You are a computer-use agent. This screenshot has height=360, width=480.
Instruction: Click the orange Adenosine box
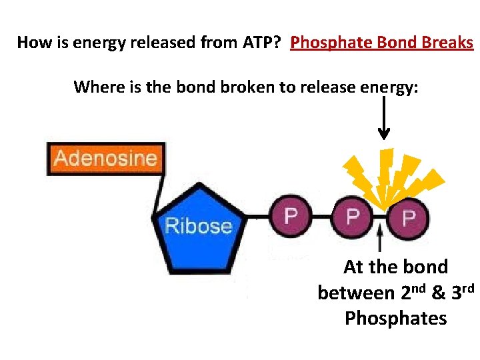[x=105, y=159]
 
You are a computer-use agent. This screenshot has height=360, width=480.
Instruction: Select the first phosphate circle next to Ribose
[x=291, y=216]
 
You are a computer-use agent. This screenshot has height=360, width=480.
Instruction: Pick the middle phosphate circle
[x=352, y=216]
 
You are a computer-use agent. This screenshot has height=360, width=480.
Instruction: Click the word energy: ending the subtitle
[x=389, y=88]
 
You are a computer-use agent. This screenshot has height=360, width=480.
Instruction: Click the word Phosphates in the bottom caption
[x=395, y=318]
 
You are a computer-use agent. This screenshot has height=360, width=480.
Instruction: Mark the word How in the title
[x=32, y=43]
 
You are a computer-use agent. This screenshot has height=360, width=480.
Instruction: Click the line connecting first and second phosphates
[x=321, y=217]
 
